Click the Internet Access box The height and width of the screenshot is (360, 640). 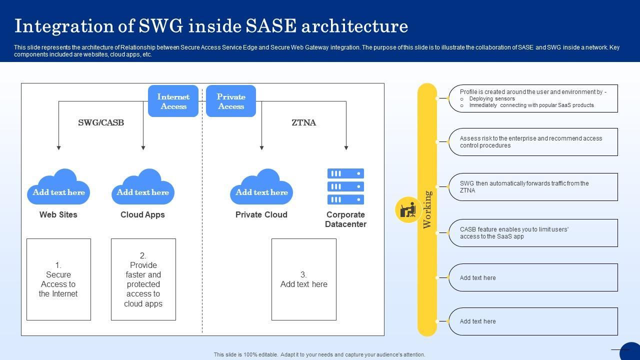pos(173,101)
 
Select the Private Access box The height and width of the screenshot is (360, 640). pos(231,101)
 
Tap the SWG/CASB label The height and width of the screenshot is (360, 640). pos(101,122)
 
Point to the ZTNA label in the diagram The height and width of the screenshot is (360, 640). pos(303,122)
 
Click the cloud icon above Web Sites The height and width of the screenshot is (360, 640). pos(58,187)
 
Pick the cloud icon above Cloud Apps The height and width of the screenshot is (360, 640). pos(143,187)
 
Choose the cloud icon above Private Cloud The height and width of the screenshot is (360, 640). pos(261,187)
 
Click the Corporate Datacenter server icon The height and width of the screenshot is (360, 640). pos(345,186)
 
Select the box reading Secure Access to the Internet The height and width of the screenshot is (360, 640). pos(58,279)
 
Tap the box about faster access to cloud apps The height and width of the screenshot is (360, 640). pos(143,279)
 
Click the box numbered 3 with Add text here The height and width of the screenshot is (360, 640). pos(303,279)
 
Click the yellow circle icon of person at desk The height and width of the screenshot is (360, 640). pos(408,209)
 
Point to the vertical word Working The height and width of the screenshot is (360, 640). pos(427,209)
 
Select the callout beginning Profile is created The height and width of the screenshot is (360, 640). pos(533,98)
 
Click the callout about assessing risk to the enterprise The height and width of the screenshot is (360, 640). pos(533,142)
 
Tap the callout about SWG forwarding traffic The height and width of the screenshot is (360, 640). pos(533,187)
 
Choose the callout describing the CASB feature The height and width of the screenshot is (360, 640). pos(533,233)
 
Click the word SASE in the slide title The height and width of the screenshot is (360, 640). pos(268,26)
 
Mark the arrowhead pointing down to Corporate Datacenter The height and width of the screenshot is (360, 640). pos(346,148)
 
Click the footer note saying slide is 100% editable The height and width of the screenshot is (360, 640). pos(319,354)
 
